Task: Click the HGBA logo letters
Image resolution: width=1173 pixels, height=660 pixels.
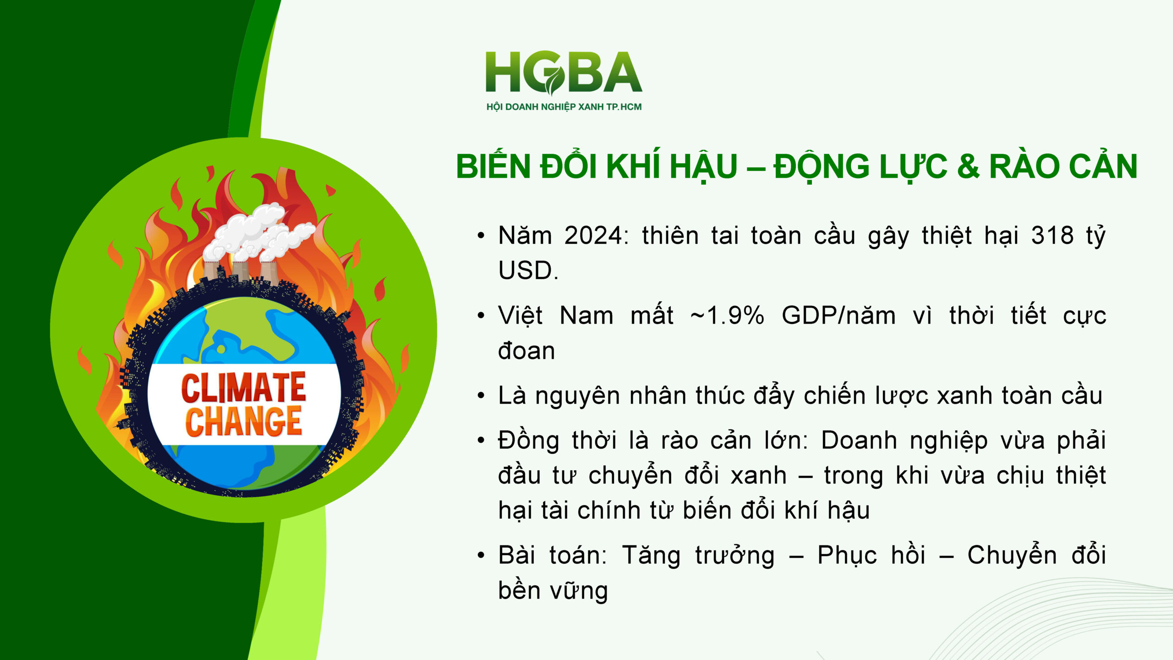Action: [564, 72]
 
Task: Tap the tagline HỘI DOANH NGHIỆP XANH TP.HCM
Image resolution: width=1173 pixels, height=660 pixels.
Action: [564, 107]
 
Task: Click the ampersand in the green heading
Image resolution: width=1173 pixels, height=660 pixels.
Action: [968, 166]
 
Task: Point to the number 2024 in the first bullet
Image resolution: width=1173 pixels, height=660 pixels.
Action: [593, 236]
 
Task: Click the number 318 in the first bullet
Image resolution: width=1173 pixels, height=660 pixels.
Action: [1052, 236]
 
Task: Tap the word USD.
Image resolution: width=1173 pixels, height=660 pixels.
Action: [527, 270]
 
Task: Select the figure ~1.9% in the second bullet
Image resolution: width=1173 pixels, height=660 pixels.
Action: [728, 316]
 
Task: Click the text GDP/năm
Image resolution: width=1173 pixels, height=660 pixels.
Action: [839, 316]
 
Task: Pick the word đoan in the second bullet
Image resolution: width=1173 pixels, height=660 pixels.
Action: [526, 351]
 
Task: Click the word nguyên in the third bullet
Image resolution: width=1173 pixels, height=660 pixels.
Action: [577, 396]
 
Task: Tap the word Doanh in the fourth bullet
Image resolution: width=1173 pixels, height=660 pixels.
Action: [859, 440]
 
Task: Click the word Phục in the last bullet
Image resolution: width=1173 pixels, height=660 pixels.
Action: [847, 555]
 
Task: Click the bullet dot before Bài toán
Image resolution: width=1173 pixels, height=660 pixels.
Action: [481, 555]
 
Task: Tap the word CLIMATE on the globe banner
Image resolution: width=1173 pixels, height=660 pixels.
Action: [243, 388]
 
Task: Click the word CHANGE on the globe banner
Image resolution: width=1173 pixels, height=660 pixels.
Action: [243, 421]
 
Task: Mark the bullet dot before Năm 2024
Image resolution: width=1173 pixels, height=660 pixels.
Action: [481, 236]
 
